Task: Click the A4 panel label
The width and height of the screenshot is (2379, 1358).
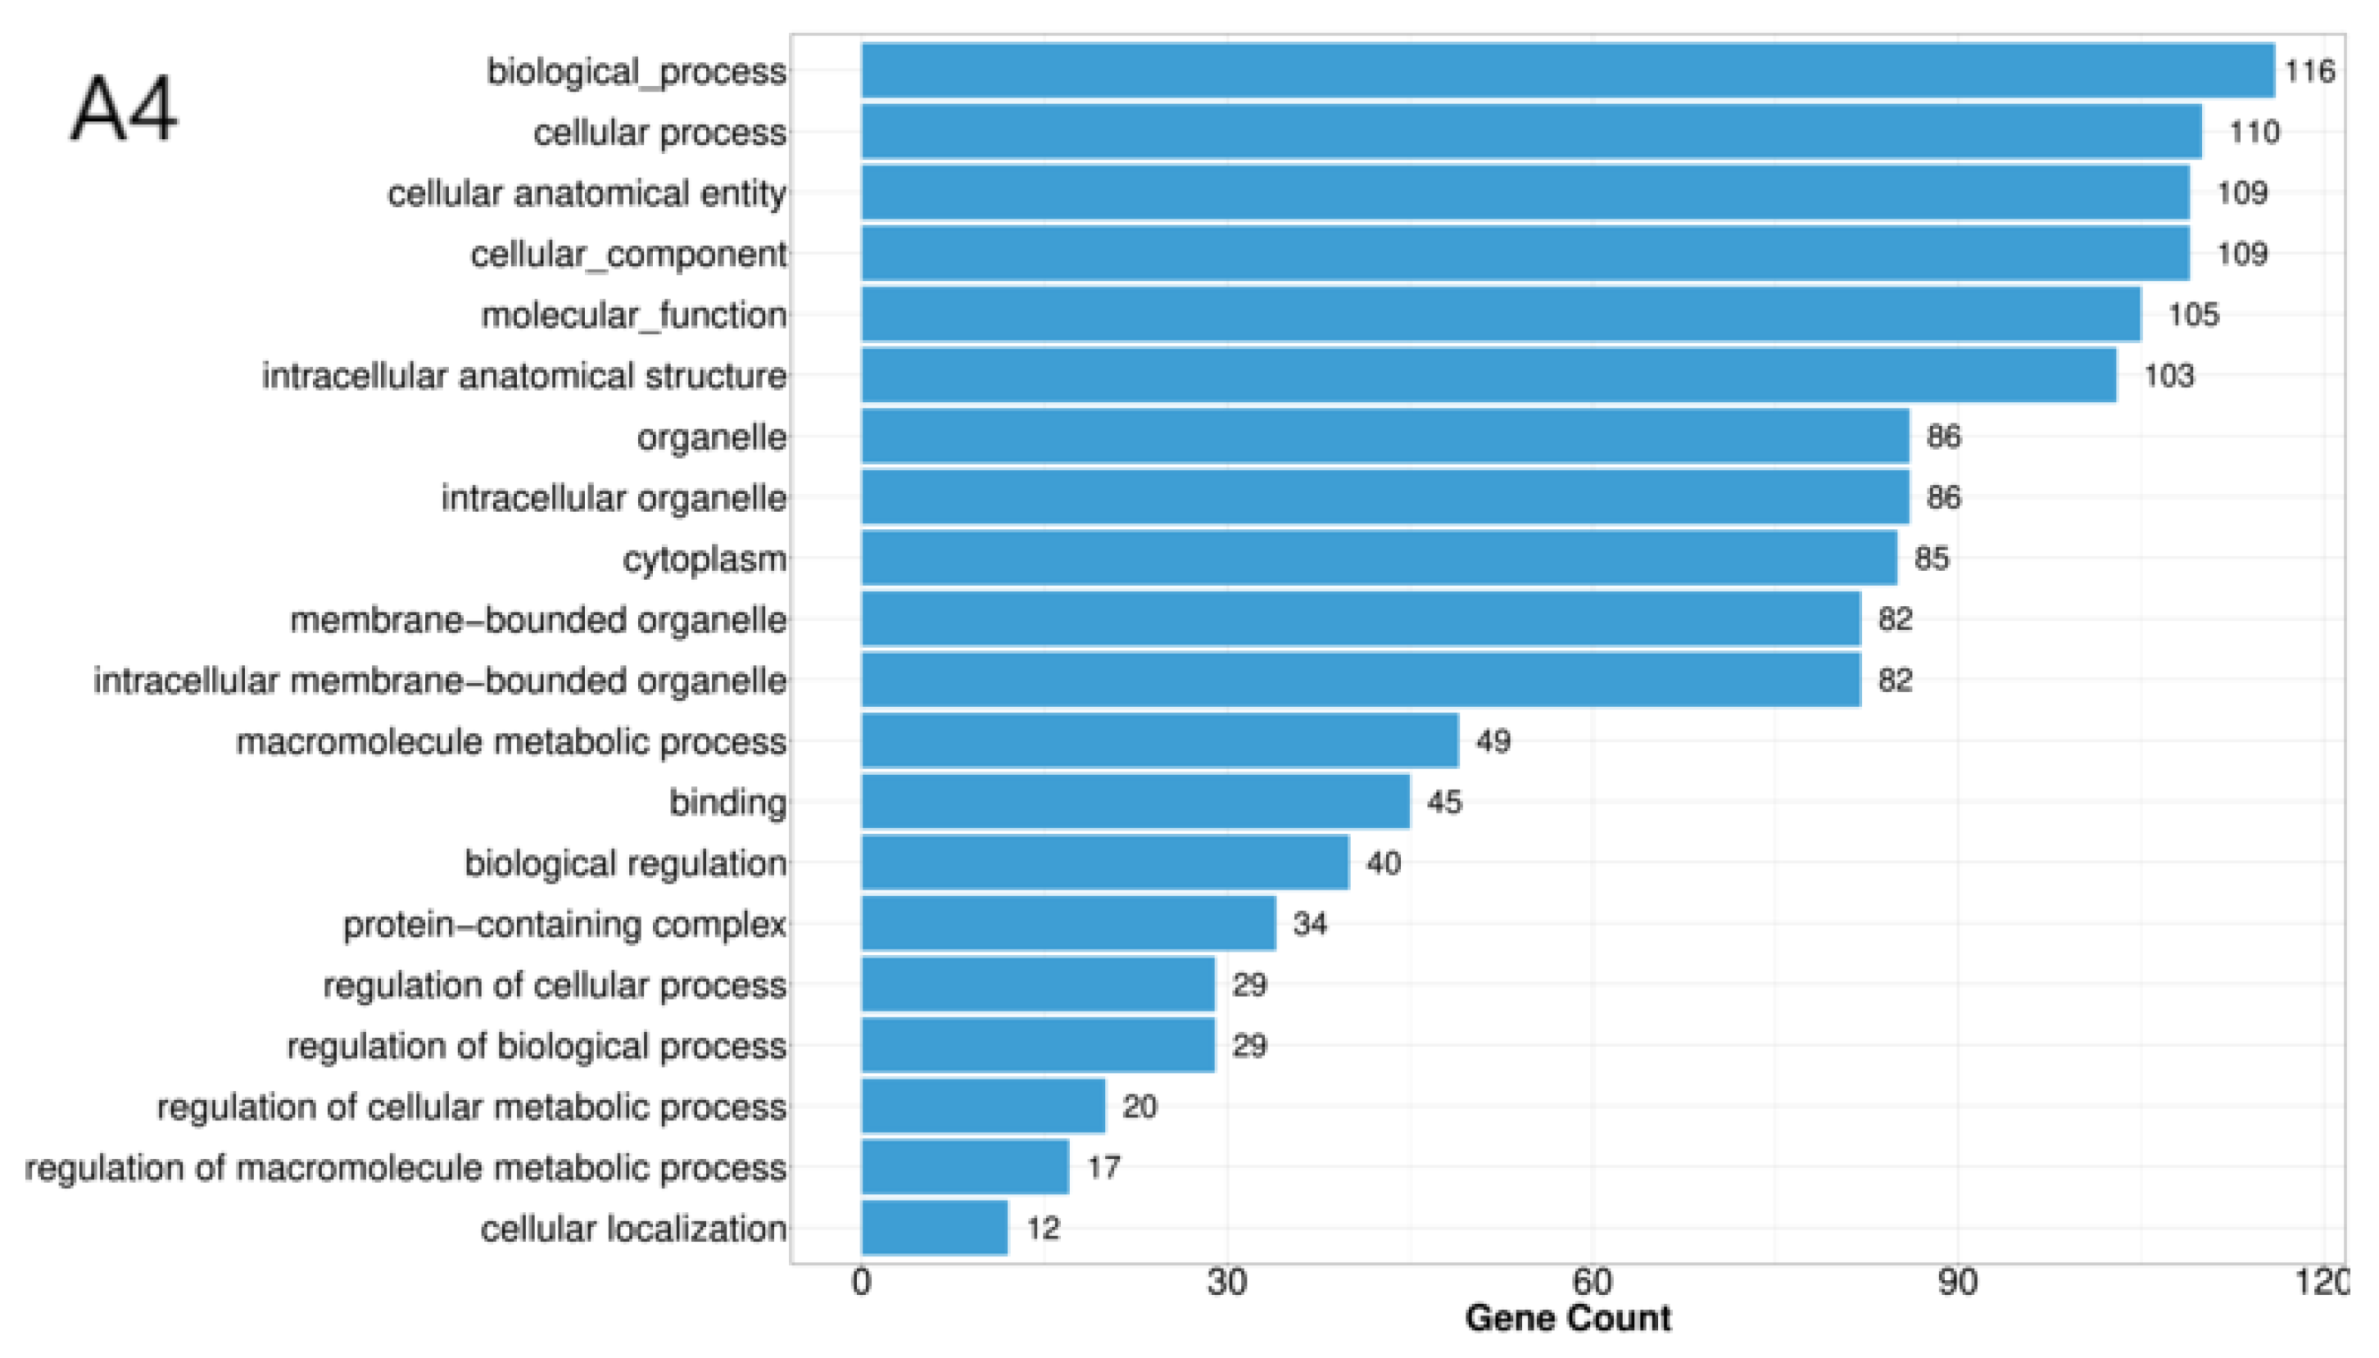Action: tap(123, 110)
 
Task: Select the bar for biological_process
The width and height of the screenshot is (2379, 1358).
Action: tap(1566, 71)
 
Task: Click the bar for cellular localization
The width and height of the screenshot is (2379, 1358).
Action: tap(935, 1228)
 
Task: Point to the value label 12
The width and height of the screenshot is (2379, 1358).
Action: tap(1043, 1228)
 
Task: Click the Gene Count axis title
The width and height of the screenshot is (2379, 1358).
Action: tap(1566, 1318)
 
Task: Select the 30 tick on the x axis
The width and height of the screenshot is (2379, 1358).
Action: tap(1226, 1283)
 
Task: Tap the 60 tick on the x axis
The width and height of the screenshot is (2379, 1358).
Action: tap(1591, 1283)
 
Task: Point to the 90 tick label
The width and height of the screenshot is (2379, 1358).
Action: tap(1956, 1283)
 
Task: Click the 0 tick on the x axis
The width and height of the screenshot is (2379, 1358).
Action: tap(861, 1283)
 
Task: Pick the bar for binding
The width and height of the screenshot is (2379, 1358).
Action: tap(1135, 801)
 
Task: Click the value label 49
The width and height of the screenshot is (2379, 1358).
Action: tap(1493, 740)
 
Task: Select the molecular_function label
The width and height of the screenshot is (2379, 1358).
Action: tap(633, 315)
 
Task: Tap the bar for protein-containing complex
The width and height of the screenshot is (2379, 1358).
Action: tap(1067, 923)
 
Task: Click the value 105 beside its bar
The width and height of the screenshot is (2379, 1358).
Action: tap(2192, 315)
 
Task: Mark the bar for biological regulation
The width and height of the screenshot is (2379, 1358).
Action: tap(1105, 862)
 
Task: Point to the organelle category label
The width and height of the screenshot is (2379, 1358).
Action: tap(712, 437)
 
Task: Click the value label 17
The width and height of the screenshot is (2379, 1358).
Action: tap(1103, 1167)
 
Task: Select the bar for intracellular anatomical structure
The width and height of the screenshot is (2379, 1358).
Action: tap(1489, 375)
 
